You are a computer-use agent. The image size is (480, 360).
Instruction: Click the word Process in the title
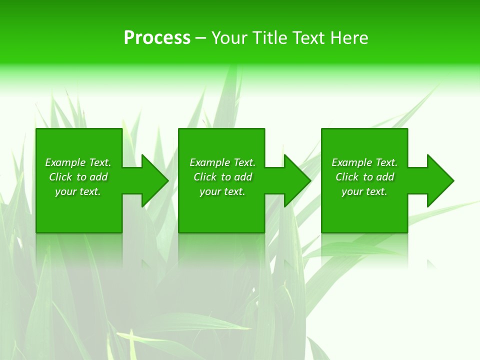157,38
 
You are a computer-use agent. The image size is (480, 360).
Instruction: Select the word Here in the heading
348,38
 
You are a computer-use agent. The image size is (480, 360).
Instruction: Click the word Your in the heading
230,38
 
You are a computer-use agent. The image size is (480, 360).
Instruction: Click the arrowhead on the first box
155,180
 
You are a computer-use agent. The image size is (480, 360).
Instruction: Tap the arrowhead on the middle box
297,180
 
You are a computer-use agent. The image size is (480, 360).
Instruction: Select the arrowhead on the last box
440,180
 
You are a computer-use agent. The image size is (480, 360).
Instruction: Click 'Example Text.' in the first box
78,162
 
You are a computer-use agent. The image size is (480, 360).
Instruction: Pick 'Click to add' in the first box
78,177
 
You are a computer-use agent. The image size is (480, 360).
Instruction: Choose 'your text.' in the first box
78,191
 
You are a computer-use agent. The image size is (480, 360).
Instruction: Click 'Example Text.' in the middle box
222,162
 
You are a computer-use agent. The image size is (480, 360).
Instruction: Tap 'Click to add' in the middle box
222,177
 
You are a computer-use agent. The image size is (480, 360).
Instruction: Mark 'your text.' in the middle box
222,191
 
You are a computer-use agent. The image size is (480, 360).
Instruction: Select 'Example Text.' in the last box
364,162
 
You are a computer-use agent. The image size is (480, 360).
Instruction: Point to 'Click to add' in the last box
364,177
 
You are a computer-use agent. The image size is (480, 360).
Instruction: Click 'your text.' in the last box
364,191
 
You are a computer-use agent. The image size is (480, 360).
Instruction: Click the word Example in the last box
352,162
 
